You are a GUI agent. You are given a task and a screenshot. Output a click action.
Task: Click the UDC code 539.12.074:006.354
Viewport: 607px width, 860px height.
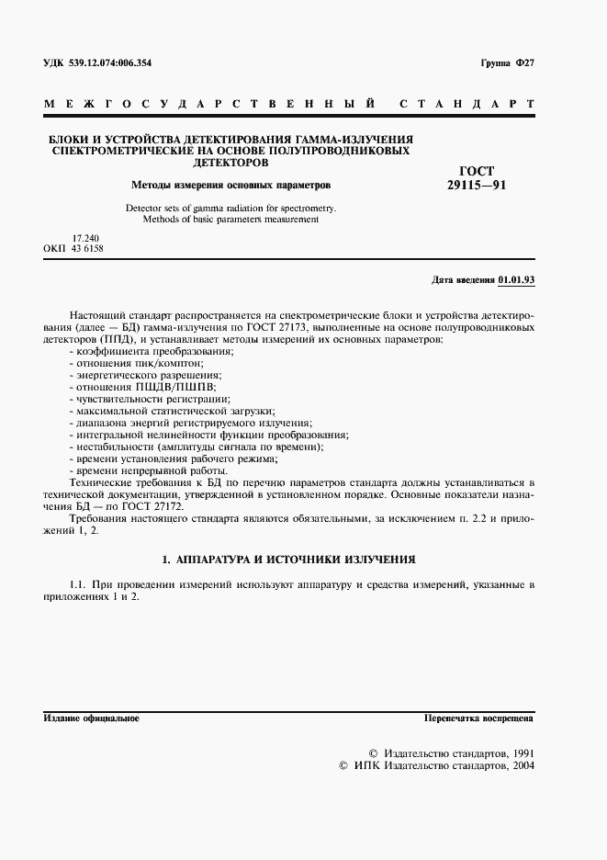110,62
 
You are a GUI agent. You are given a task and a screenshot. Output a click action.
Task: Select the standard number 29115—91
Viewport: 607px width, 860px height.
476,185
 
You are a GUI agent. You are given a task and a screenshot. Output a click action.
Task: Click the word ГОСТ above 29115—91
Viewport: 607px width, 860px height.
476,171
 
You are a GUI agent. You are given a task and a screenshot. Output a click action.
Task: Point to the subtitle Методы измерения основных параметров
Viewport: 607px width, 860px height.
230,184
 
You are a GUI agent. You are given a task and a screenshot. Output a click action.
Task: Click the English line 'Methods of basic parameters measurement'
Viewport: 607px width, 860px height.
230,220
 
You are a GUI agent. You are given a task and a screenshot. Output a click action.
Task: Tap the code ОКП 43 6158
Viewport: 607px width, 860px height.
73,249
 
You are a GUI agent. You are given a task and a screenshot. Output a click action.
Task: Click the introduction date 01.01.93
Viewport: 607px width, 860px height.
516,278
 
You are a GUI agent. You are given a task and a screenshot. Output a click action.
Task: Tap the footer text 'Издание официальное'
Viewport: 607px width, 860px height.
91,719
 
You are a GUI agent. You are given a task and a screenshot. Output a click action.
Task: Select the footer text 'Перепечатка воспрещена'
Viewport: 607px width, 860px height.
478,719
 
